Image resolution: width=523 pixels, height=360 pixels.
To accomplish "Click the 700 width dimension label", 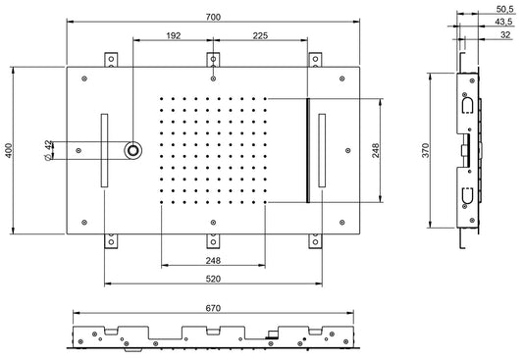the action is [213, 17].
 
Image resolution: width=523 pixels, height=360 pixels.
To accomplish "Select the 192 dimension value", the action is [174, 35].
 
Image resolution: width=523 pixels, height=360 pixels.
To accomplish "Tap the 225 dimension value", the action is [260, 35].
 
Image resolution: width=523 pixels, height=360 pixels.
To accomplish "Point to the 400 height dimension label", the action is [9, 150].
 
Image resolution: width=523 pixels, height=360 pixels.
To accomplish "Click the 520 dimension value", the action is [213, 279].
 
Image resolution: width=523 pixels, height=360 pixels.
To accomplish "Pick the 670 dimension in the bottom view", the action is [213, 308].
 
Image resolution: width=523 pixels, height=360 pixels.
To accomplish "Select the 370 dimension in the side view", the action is [425, 150].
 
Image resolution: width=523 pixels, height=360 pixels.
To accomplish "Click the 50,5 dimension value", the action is [504, 9].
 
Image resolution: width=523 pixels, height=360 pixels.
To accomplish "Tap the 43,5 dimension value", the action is [503, 22].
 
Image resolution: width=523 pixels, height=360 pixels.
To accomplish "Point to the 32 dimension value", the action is [505, 34].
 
